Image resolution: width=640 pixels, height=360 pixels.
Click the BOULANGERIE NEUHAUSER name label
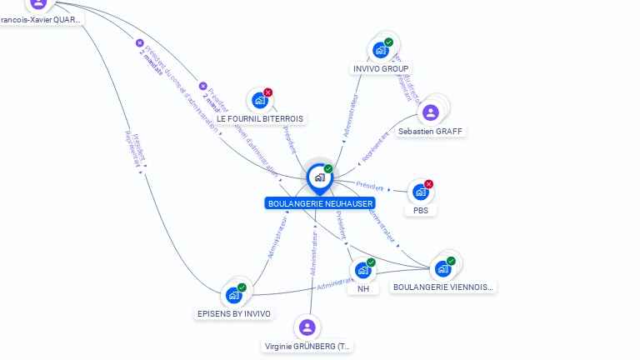[x=320, y=203]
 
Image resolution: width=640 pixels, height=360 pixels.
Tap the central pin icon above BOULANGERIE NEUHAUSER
[x=319, y=177]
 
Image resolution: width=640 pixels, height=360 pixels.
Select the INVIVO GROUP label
[x=381, y=68]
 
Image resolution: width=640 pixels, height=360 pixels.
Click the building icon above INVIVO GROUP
[x=381, y=49]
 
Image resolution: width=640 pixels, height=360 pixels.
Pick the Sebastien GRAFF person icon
[x=431, y=112]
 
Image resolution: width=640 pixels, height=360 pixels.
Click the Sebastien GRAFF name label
[x=431, y=131]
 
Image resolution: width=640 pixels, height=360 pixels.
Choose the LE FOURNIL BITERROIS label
[x=260, y=119]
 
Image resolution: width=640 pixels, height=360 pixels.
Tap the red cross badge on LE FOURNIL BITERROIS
[x=267, y=92]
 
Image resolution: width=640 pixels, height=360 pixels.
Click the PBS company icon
[x=421, y=192]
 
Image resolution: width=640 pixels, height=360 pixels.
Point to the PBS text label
[x=421, y=211]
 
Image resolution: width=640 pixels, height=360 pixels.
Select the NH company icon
[x=362, y=270]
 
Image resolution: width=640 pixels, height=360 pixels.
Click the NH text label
[x=363, y=288]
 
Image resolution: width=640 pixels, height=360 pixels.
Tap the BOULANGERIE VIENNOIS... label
[x=443, y=287]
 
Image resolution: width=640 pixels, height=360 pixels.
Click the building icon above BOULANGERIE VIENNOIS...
[x=442, y=268]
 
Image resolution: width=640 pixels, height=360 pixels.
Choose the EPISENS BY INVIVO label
[x=234, y=313]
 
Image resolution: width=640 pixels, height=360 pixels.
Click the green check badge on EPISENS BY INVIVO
[x=242, y=287]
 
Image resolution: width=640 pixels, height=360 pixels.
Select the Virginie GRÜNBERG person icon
[x=307, y=327]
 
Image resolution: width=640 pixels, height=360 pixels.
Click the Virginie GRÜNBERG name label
[x=308, y=346]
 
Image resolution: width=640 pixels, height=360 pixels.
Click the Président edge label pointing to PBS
[x=369, y=187]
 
